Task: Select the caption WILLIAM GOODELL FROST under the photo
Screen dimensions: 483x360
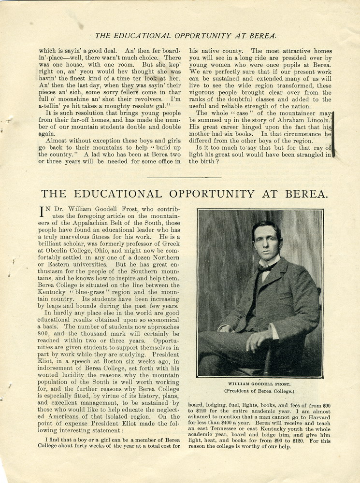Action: [259, 384]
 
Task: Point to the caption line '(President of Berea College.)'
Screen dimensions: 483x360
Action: [259, 391]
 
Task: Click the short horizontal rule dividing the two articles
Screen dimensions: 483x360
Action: [184, 178]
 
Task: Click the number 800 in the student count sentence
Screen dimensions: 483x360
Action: [45, 334]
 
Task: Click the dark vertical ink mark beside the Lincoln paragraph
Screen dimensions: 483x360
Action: [333, 134]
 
